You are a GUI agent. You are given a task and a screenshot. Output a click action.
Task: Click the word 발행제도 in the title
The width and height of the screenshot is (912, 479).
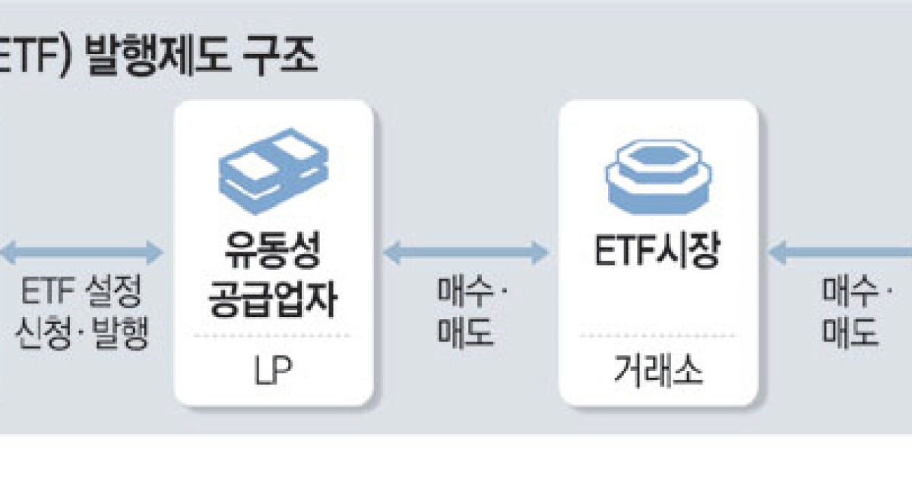160,57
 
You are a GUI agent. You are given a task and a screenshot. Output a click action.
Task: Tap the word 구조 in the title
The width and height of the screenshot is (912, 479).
283,57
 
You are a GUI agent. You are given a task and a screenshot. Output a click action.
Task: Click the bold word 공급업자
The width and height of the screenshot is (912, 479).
273,300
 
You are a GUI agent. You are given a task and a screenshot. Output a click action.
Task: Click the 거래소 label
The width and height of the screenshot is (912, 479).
658,371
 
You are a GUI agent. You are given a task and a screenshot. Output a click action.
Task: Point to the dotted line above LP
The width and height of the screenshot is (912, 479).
273,335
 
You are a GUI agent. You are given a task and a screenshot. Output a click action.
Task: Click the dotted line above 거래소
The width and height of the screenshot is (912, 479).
658,335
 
